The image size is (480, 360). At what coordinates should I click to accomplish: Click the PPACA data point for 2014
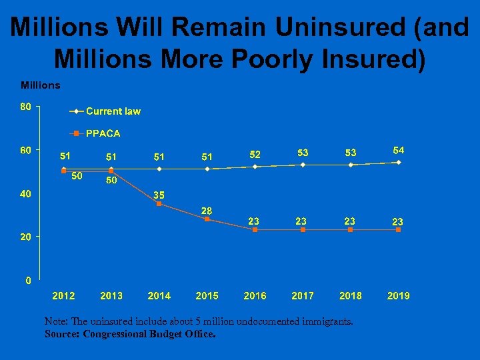[159, 203]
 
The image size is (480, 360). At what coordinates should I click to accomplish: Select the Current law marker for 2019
[399, 162]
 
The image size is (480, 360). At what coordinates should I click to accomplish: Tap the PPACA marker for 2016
[255, 229]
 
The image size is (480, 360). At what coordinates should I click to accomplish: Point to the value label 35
[159, 195]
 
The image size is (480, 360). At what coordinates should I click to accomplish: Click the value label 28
[207, 211]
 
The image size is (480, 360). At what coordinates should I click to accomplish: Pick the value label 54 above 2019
[399, 149]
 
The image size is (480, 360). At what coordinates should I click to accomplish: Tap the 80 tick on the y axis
[26, 106]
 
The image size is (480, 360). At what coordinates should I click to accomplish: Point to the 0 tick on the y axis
[27, 280]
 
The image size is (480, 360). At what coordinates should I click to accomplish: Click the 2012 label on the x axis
[63, 295]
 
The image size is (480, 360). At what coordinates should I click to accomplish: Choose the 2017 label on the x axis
[303, 295]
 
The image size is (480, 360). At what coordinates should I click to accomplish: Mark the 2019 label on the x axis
[399, 295]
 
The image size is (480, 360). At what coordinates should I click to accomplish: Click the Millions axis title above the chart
[41, 85]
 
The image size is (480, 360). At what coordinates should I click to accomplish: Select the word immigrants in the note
[323, 321]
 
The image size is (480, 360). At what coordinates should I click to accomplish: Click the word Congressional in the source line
[123, 333]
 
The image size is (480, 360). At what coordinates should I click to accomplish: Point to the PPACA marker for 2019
[399, 229]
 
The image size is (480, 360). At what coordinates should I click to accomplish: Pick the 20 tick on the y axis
[26, 237]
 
